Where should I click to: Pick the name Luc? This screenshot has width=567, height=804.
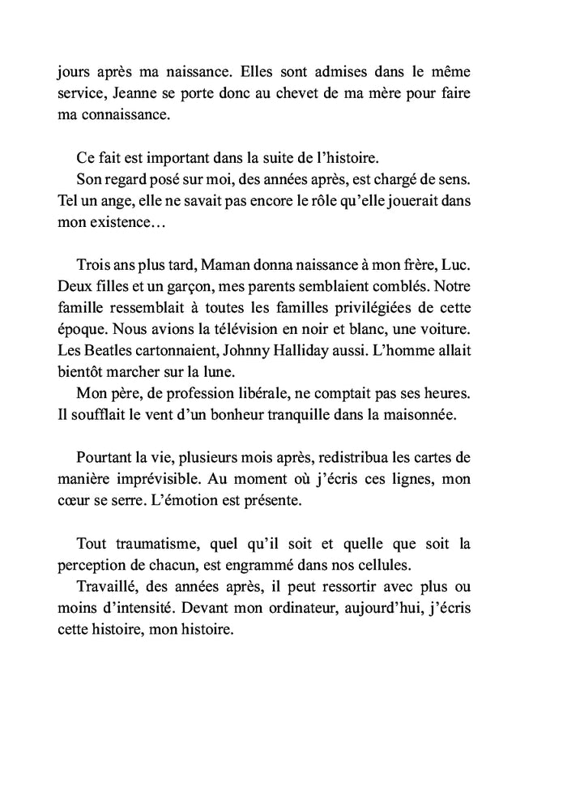pyautogui.click(x=479, y=265)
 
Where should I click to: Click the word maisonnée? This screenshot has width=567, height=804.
pyautogui.click(x=450, y=416)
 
